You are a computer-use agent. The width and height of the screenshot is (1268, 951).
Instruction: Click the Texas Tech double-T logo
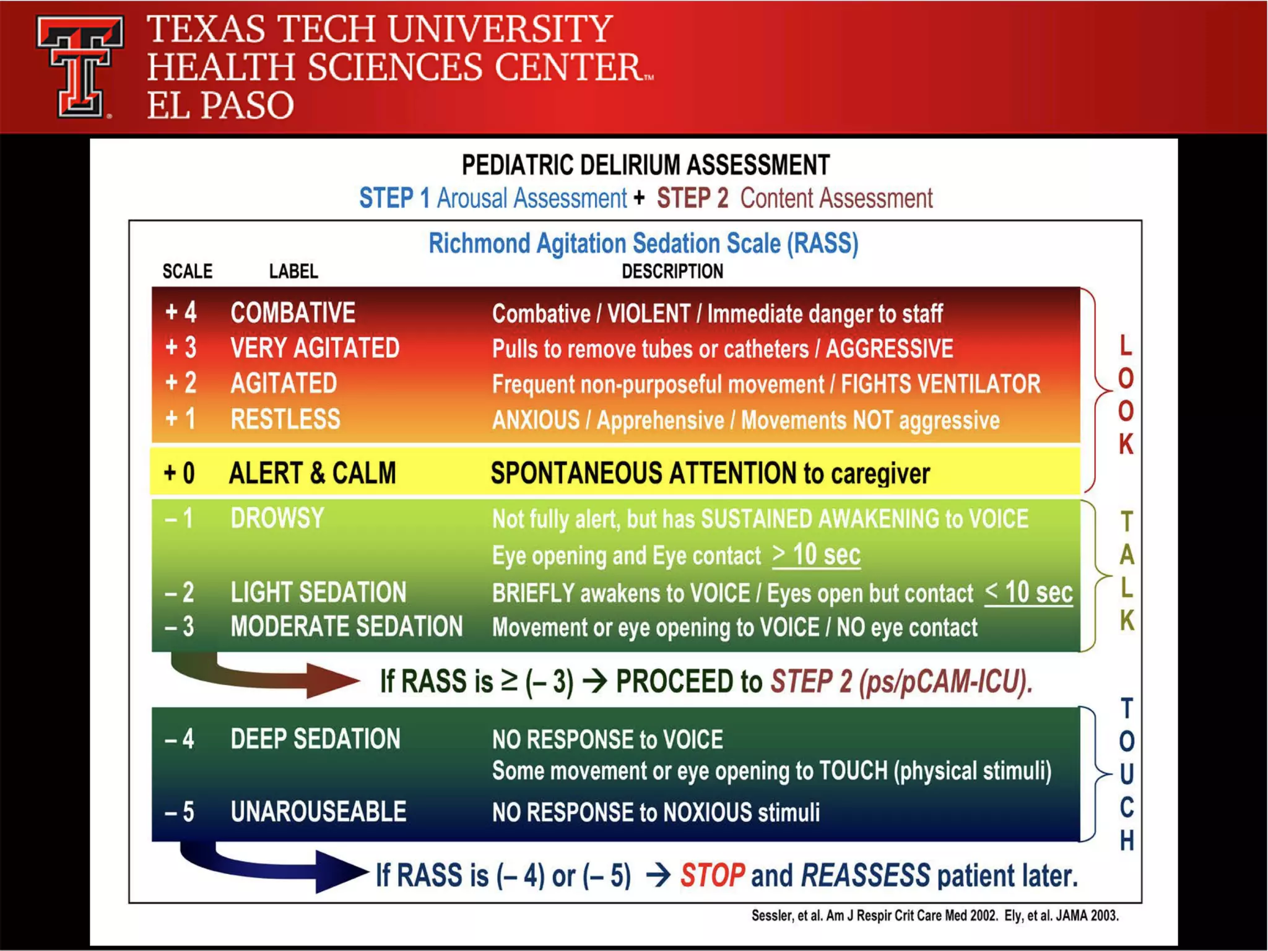point(80,67)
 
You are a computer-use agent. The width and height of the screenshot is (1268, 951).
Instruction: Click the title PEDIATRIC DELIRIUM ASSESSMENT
point(645,165)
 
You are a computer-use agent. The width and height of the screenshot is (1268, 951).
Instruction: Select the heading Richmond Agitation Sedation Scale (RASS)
point(643,243)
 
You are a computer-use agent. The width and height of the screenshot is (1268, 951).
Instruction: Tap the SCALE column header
point(187,271)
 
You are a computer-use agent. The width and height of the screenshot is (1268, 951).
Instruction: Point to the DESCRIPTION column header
point(672,271)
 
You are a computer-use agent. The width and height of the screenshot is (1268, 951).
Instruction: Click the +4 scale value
point(181,313)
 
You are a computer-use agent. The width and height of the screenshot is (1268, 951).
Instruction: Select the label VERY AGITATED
point(315,348)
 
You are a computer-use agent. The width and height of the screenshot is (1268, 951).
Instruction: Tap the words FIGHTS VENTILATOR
point(940,384)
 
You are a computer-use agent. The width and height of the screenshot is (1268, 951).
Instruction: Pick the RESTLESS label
point(285,419)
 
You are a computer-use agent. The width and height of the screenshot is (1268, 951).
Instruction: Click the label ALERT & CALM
point(312,473)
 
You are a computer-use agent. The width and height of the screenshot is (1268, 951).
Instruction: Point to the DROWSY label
point(277,518)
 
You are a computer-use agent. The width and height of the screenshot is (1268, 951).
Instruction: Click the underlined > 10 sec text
point(816,555)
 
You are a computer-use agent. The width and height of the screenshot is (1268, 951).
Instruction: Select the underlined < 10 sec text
point(1028,593)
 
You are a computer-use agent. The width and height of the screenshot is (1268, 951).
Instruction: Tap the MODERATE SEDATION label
point(346,627)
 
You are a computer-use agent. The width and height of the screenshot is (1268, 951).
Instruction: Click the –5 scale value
point(180,812)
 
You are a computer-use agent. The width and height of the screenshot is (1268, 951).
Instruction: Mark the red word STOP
point(712,875)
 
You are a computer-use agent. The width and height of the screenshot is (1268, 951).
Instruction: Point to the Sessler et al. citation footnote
point(935,916)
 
